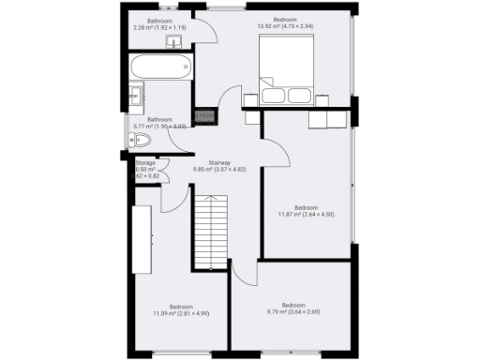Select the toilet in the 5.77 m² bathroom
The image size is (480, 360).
click(141, 141)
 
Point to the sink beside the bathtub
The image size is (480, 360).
click(135, 95)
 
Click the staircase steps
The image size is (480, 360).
click(212, 231)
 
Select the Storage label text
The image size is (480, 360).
click(144, 163)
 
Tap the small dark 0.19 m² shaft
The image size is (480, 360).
click(203, 117)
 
